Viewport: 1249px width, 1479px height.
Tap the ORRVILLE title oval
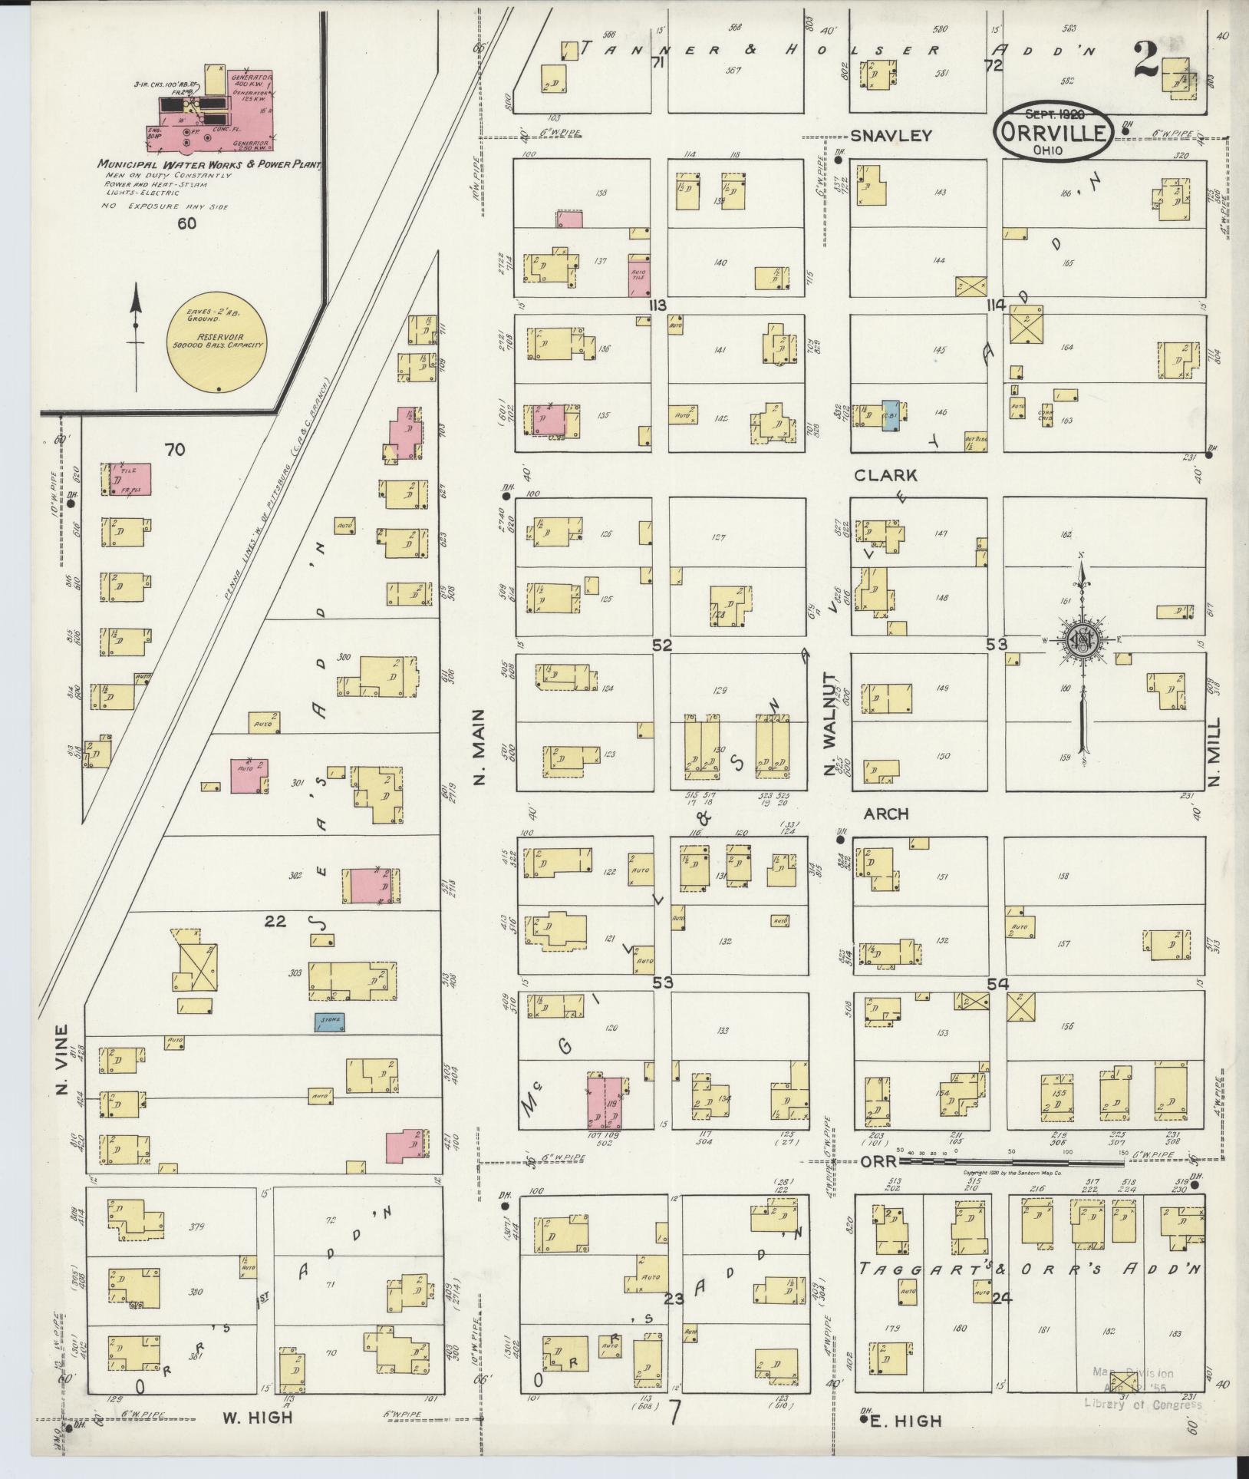pyautogui.click(x=1052, y=133)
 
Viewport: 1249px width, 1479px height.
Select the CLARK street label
pyautogui.click(x=885, y=475)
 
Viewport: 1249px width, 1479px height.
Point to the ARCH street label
pyautogui.click(x=885, y=814)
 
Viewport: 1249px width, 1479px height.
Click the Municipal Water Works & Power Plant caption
pyautogui.click(x=208, y=164)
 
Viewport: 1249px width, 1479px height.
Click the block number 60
pyautogui.click(x=186, y=223)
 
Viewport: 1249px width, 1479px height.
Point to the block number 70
pyautogui.click(x=174, y=450)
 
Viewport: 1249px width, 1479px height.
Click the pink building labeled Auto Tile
pyautogui.click(x=638, y=275)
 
